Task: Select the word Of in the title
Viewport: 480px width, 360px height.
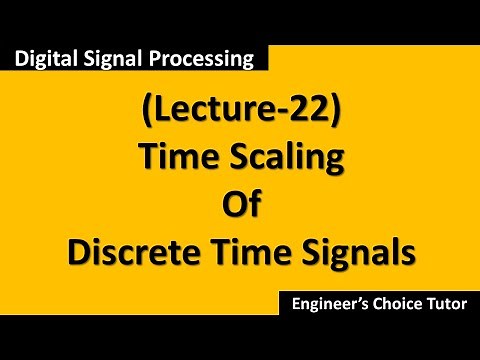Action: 240,206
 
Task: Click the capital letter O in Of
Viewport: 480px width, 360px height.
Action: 231,206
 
